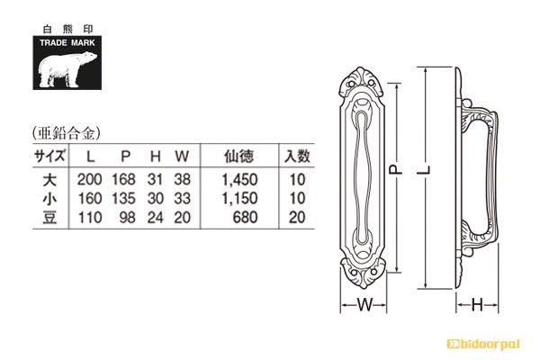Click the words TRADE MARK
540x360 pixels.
pos(67,43)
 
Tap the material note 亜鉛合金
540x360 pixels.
pos(67,132)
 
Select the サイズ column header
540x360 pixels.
pos(49,156)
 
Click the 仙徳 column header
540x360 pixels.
pos(238,157)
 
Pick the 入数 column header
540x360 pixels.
pos(297,157)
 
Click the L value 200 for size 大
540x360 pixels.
pos(89,179)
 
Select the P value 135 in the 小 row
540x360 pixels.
pos(123,198)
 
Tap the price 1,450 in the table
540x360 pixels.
pos(239,180)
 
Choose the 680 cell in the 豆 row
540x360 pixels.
pos(245,218)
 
